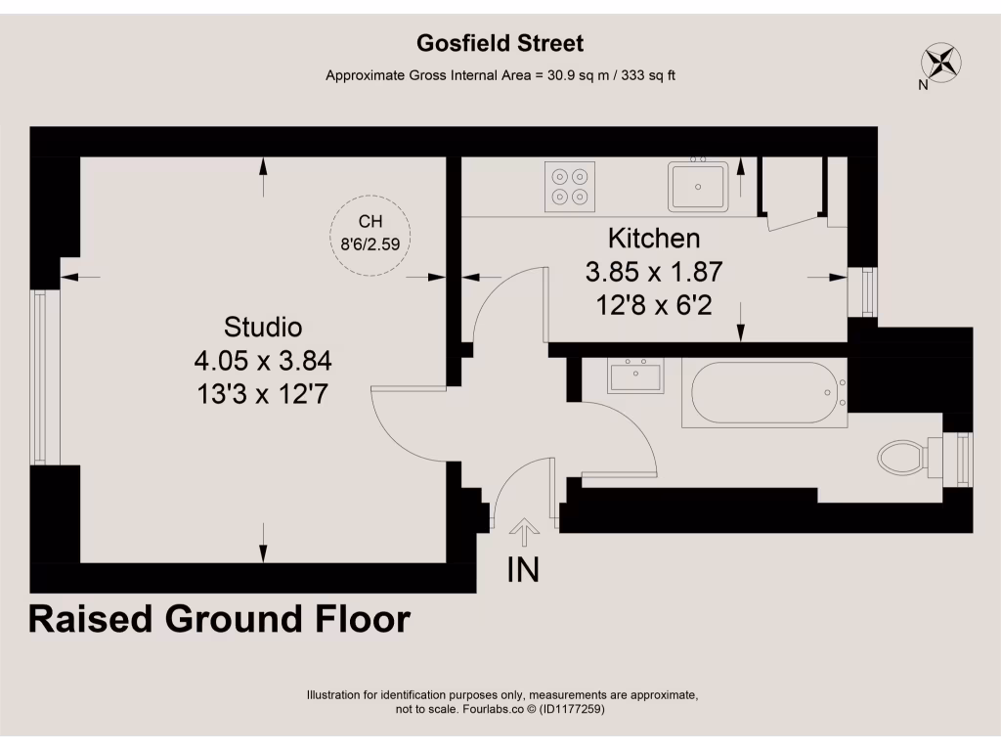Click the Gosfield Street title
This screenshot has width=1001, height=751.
(x=500, y=43)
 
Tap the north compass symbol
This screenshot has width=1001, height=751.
(x=940, y=63)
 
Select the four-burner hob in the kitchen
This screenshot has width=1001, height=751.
(x=570, y=187)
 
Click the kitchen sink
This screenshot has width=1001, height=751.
(x=698, y=186)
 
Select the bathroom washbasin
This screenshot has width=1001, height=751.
(x=634, y=375)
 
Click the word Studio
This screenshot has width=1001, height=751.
(x=263, y=327)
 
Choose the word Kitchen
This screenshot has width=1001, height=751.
(x=654, y=238)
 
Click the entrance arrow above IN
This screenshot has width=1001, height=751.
(x=525, y=533)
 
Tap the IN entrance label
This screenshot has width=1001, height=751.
(x=524, y=569)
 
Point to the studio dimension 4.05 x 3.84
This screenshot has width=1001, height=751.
(x=263, y=362)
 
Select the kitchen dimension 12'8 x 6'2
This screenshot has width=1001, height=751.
(x=654, y=305)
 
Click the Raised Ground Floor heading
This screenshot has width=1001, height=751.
(x=219, y=619)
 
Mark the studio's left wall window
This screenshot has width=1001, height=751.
(x=39, y=376)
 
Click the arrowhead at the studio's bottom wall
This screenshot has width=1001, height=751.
(x=263, y=554)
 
